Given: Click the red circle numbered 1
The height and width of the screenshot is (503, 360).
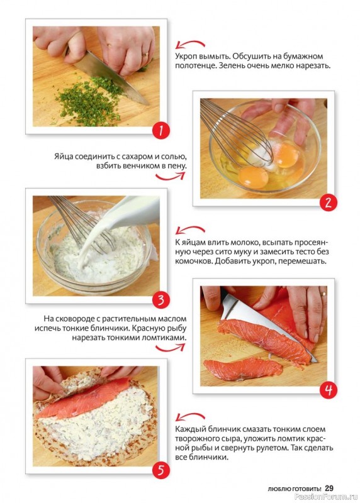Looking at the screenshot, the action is pos(160,131).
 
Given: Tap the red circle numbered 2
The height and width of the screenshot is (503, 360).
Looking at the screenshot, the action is pos(328,202).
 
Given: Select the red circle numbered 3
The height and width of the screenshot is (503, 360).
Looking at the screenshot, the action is pos(160,300).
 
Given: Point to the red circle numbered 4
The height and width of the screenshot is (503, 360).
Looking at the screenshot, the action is pos(328,390).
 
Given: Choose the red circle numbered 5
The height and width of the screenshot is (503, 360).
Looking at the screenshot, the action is pos(160,470).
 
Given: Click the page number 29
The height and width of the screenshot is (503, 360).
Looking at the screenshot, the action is pos(329,489).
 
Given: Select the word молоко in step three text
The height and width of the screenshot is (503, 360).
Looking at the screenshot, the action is pos(241,242).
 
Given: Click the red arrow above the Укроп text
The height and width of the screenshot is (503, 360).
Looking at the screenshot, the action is pos(190,44).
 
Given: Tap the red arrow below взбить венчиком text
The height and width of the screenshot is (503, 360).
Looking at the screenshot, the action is pos(170,176).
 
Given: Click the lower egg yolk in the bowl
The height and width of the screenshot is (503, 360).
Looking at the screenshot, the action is pos(254,177).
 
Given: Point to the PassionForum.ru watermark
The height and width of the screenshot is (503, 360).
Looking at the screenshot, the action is pos(325,497).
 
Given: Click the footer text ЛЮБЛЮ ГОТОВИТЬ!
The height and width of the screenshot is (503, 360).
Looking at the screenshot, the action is pos(295,489).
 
